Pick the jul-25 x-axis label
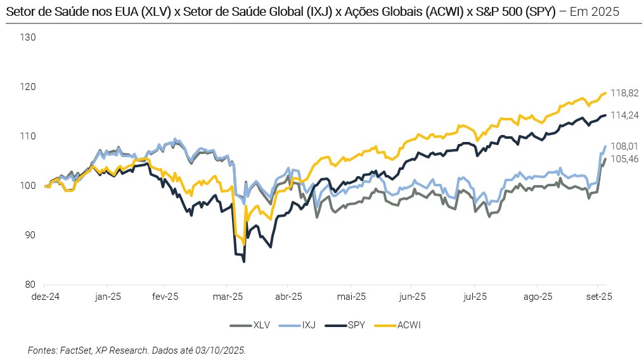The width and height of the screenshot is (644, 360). [475, 296]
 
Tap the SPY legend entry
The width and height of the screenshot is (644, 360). [355, 325]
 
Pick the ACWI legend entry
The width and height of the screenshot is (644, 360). [408, 325]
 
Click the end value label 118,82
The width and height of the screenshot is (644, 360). [624, 93]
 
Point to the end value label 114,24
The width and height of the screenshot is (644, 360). [624, 115]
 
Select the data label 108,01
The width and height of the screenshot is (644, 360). [624, 146]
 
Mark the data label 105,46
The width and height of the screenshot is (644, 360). [624, 159]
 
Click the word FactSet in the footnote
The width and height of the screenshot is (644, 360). [77, 350]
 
